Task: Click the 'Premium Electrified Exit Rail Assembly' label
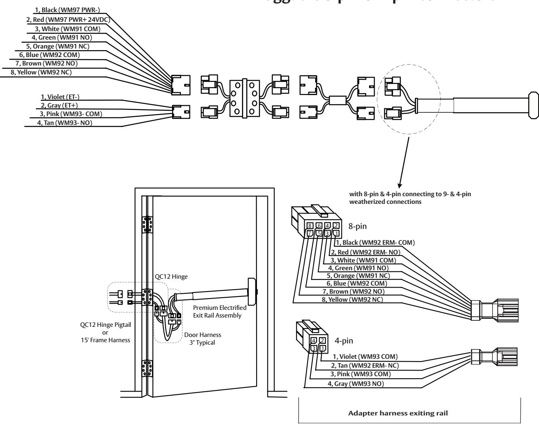220,311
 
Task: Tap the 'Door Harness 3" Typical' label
204,338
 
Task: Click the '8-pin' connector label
358,227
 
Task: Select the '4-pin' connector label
345,341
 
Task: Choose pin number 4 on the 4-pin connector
313,341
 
